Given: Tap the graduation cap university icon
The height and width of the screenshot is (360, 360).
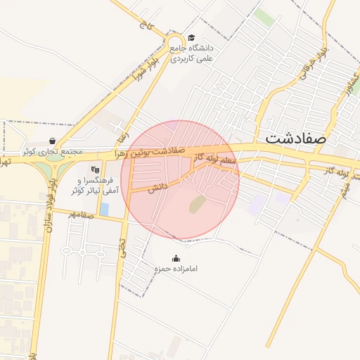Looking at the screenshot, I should (x=191, y=38).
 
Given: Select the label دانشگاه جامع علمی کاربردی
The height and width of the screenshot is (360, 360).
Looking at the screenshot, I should (x=191, y=53).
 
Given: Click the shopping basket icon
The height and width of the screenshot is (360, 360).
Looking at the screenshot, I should (x=53, y=141).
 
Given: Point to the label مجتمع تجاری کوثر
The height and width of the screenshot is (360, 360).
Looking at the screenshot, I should (x=52, y=151).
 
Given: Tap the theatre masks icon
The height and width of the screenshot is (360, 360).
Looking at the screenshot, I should (x=96, y=169).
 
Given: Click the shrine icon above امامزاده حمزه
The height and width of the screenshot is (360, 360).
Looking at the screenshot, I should (x=176, y=258).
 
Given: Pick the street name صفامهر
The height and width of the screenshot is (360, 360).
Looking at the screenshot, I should (x=81, y=214).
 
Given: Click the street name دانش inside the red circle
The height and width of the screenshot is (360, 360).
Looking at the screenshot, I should (x=157, y=186).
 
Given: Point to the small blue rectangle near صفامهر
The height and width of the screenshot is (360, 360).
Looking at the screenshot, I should (x=105, y=209).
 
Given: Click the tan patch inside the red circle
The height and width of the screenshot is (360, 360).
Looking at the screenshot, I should (x=197, y=205).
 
